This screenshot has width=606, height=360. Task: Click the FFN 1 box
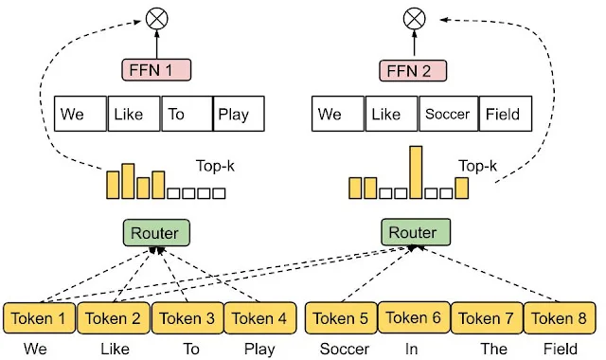155,69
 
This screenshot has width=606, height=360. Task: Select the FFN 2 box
412,69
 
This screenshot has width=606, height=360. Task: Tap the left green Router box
156,231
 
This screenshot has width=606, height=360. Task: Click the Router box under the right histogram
414,231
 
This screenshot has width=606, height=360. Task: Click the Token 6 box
414,318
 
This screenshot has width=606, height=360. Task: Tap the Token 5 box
341,318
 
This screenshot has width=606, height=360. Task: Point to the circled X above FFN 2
412,18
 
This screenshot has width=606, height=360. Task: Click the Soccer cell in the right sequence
447,115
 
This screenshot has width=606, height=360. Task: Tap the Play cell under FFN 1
238,115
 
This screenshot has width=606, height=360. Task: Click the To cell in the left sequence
186,115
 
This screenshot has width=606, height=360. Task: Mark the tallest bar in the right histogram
415,172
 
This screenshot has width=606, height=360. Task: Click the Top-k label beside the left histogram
215,163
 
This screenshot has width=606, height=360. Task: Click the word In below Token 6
412,348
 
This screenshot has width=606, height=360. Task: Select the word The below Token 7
493,348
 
